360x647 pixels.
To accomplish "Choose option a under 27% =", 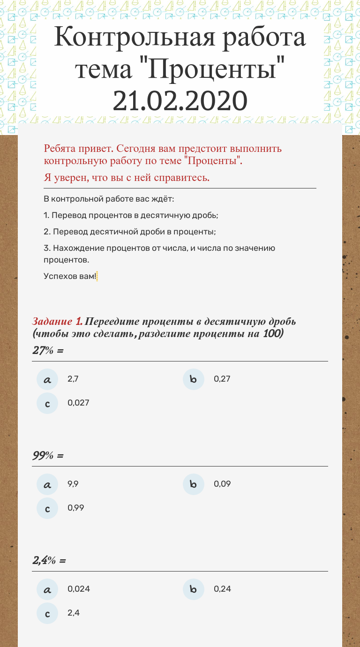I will click(x=47, y=379).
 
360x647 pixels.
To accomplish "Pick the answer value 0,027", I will click(x=78, y=403).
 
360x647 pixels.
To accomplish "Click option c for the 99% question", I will click(x=47, y=508).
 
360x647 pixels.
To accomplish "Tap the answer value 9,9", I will click(x=73, y=484).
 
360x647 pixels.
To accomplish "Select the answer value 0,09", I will click(x=222, y=484).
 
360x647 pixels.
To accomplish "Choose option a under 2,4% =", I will click(x=47, y=589).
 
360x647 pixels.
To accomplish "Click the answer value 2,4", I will click(x=74, y=613).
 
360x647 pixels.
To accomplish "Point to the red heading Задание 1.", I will click(x=57, y=322).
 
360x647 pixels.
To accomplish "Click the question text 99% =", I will click(x=48, y=455).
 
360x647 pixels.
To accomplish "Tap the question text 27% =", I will click(x=48, y=350).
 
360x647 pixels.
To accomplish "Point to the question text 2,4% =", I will click(x=49, y=560).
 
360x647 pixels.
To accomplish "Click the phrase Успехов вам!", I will click(x=70, y=276).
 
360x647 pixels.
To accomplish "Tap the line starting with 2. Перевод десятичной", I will click(x=129, y=232).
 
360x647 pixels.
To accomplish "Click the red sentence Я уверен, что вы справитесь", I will click(x=127, y=178).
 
